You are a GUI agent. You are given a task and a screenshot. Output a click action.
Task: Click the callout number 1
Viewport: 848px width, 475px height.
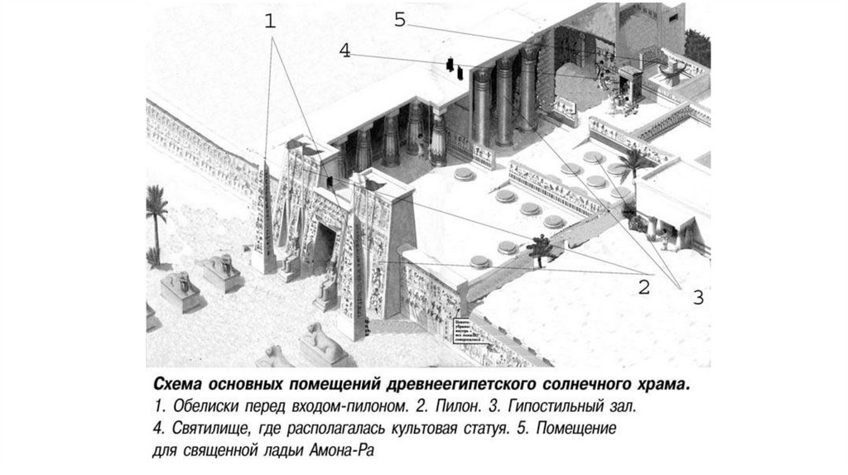270,22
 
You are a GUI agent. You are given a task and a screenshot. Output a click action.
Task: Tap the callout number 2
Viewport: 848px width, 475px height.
643,288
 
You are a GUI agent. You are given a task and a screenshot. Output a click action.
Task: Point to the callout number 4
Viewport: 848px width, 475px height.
345,50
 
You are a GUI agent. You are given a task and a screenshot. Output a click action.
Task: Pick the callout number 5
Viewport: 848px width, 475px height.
400,21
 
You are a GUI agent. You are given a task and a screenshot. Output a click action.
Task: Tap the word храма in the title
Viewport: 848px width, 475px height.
663,386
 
